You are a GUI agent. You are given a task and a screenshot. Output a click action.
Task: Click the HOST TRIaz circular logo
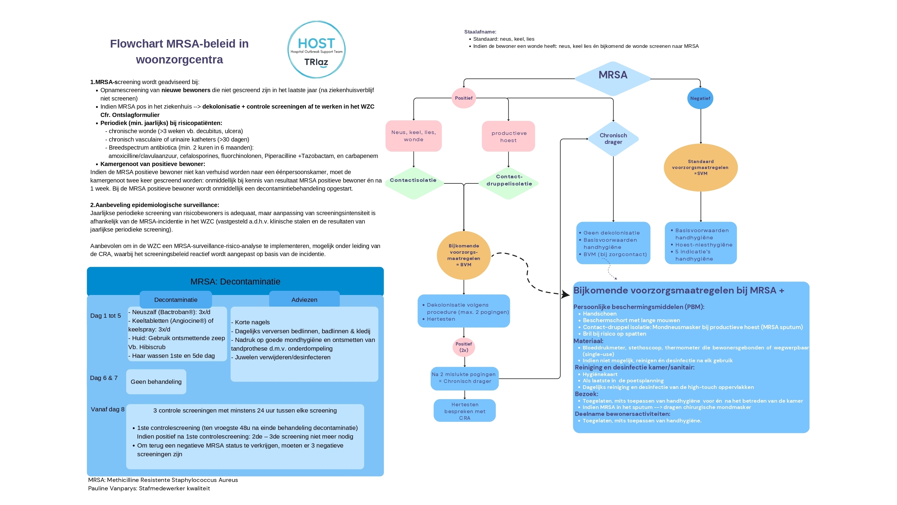(x=316, y=49)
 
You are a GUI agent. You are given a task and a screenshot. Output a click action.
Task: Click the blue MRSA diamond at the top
(x=613, y=79)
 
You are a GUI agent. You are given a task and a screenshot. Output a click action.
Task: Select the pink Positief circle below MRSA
(x=463, y=98)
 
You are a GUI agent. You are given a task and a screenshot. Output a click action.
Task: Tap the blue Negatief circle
(x=700, y=98)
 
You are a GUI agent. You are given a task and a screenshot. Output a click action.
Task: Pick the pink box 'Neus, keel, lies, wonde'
(x=413, y=136)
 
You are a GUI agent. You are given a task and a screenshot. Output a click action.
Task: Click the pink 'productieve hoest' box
(x=508, y=136)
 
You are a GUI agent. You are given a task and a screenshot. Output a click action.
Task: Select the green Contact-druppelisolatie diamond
(x=509, y=183)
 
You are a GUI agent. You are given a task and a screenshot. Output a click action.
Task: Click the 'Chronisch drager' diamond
(x=613, y=139)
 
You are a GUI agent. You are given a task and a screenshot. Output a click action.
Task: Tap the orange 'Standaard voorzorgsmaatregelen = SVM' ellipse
(x=701, y=168)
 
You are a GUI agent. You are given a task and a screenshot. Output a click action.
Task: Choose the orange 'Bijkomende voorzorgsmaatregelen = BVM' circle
(x=464, y=255)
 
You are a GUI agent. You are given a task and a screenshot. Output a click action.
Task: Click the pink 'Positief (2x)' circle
(x=464, y=347)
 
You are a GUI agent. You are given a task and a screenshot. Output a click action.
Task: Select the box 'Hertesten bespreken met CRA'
(x=465, y=410)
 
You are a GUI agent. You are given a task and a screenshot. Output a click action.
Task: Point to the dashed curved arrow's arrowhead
(x=565, y=294)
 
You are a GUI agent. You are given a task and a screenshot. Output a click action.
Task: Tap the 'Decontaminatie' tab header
(x=176, y=299)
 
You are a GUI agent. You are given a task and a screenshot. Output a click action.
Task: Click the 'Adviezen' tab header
(x=304, y=299)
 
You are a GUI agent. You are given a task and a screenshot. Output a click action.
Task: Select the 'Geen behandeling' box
(x=156, y=382)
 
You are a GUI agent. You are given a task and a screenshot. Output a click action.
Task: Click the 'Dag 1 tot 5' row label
(x=106, y=316)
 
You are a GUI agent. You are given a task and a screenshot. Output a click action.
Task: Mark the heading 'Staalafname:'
(x=480, y=32)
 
